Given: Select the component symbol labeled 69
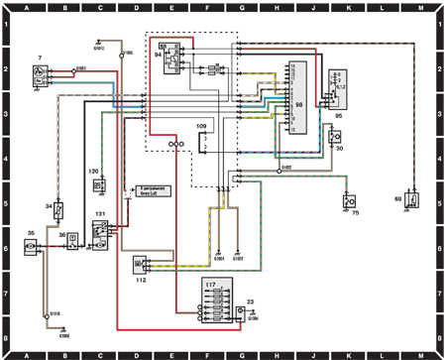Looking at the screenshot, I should pyautogui.click(x=411, y=199).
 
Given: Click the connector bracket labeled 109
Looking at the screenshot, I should pyautogui.click(x=202, y=144).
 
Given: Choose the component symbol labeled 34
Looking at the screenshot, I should pyautogui.click(x=59, y=210).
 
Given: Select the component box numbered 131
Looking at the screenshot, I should pyautogui.click(x=101, y=232).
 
